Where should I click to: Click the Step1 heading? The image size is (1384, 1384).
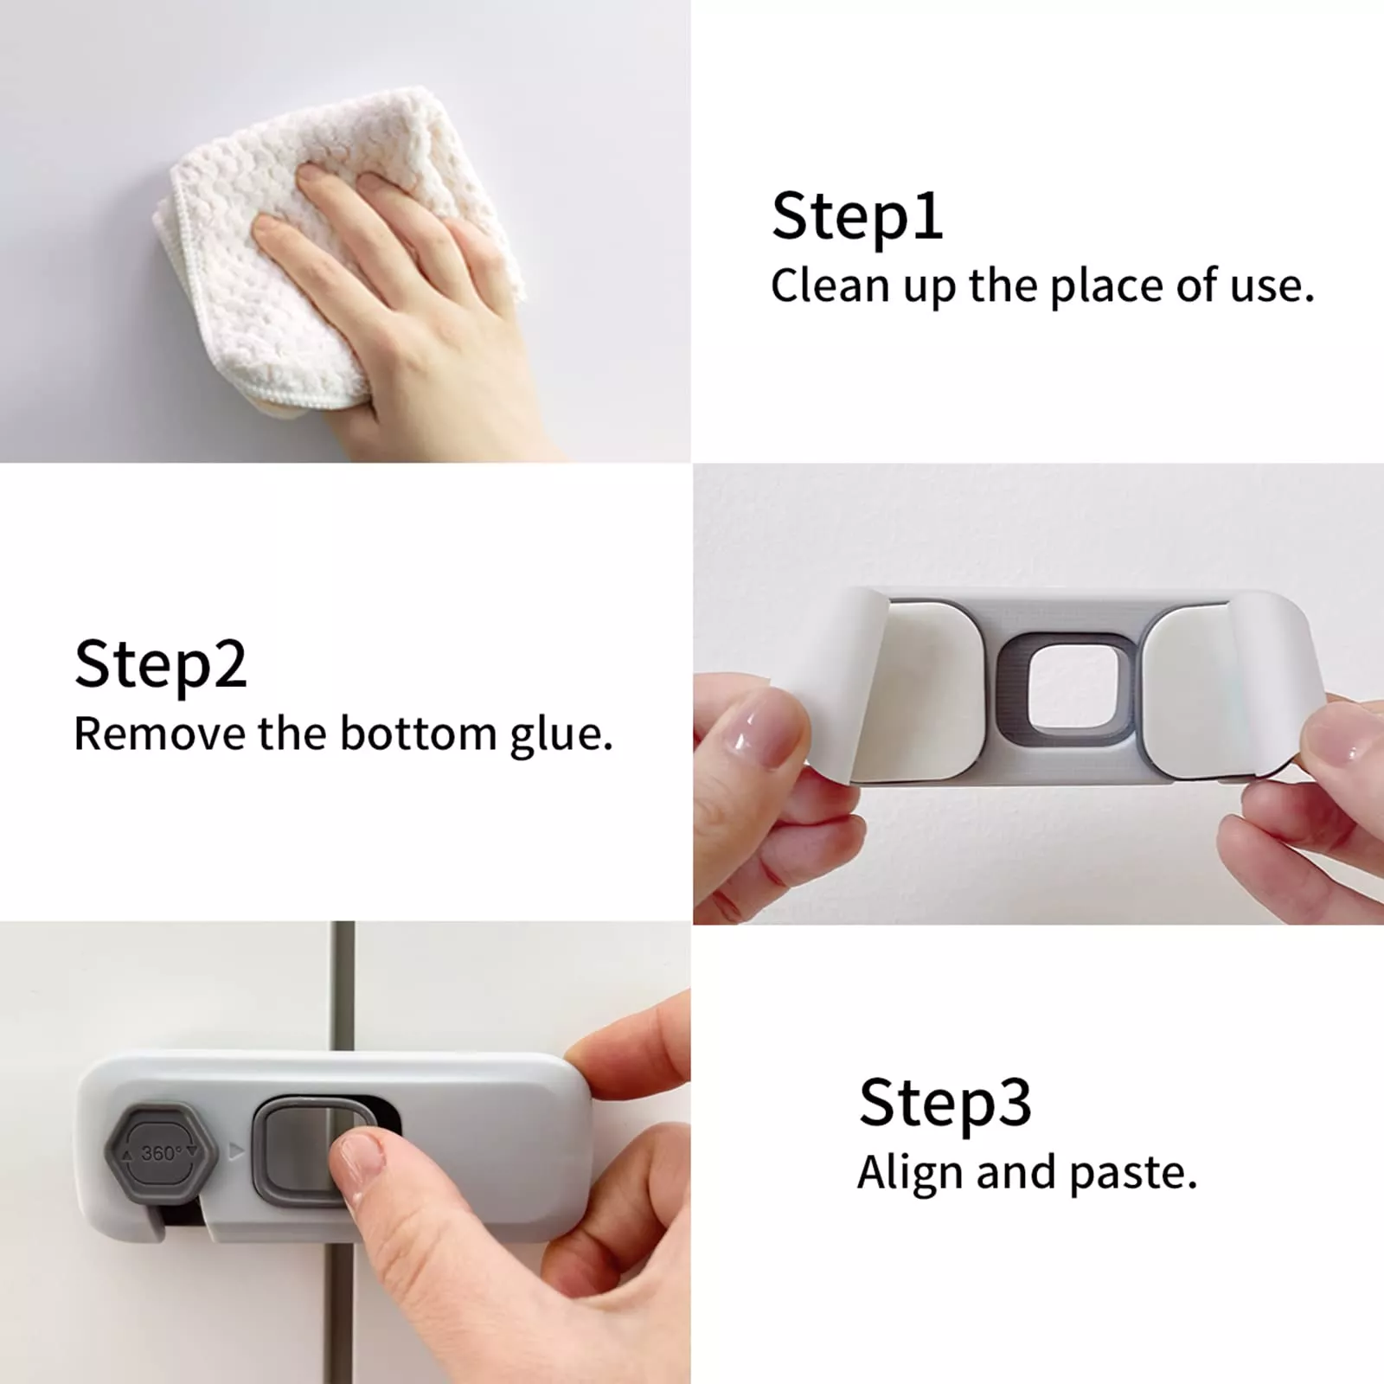[856, 216]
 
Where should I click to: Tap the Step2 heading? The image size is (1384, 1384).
[161, 664]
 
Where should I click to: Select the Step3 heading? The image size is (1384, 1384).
[945, 1103]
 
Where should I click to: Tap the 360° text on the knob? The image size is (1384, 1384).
[161, 1153]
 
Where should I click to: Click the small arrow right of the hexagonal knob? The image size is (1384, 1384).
[235, 1152]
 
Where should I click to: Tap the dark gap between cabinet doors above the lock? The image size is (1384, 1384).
[343, 986]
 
